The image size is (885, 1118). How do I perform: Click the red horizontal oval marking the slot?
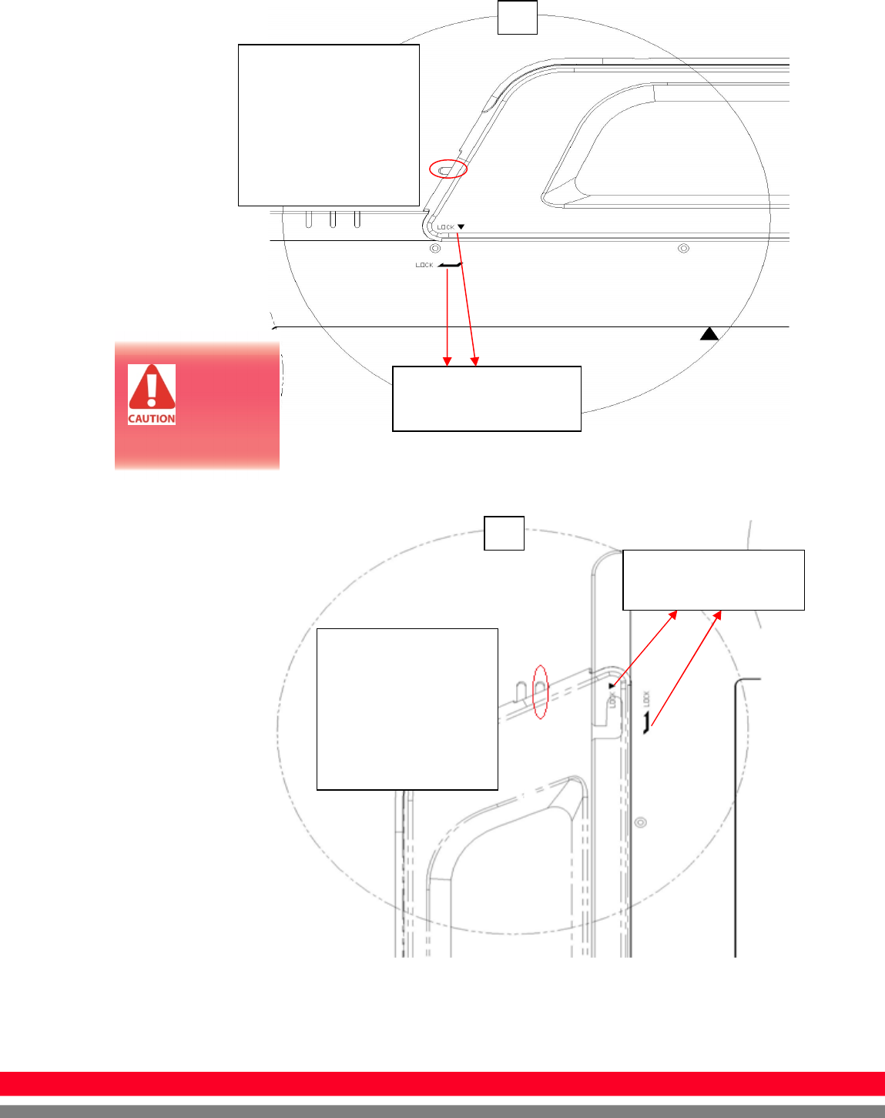click(448, 169)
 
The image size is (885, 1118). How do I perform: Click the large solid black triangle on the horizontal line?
click(709, 333)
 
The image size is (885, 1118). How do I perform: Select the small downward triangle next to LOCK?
click(461, 227)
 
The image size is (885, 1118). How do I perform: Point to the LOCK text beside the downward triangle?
click(445, 227)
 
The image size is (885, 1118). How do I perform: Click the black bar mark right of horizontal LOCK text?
click(449, 265)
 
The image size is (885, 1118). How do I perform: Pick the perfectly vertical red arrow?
click(448, 316)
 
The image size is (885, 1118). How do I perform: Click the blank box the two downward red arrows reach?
click(486, 398)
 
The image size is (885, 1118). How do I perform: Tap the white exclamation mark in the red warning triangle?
click(152, 387)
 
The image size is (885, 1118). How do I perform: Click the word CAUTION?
click(152, 419)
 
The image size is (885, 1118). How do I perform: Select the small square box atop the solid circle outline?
click(517, 16)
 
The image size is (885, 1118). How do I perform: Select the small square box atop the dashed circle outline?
click(504, 533)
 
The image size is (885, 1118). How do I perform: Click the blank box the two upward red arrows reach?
click(712, 580)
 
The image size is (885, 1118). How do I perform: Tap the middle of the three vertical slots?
click(333, 219)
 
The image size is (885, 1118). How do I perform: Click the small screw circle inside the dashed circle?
click(639, 822)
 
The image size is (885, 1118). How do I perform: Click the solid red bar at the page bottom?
click(442, 1083)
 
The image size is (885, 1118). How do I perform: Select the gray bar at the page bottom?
click(442, 1111)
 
